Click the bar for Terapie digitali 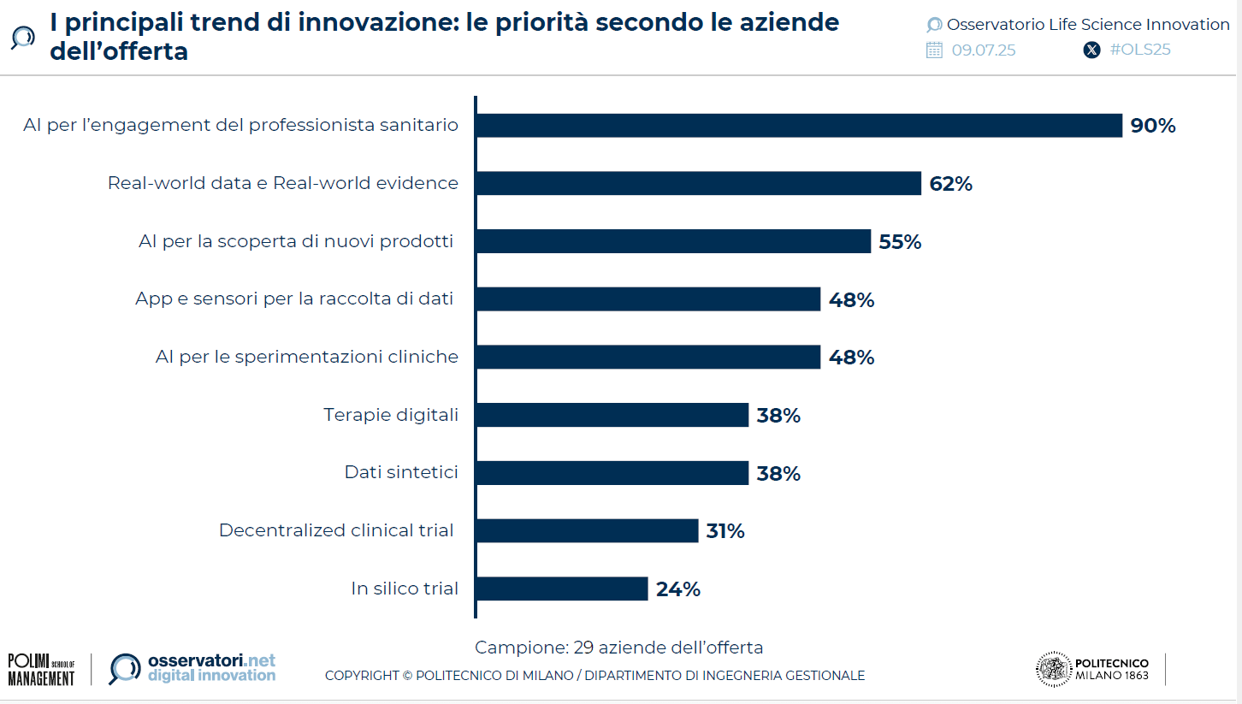[612, 415]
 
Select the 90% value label [1153, 126]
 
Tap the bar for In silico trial [562, 589]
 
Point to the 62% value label [950, 184]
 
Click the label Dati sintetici [401, 472]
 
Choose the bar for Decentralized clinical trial [587, 530]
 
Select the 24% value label [678, 589]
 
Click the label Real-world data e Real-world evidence [283, 183]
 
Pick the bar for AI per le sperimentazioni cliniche [648, 357]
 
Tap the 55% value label [900, 242]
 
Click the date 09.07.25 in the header [984, 50]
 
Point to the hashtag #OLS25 [1139, 50]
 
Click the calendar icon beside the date [934, 50]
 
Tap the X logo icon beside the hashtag [1091, 50]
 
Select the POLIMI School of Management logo [41, 669]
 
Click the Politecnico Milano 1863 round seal [1053, 669]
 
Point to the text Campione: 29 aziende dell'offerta [618, 648]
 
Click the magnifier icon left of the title [23, 38]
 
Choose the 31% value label [725, 531]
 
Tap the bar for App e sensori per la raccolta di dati [648, 299]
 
